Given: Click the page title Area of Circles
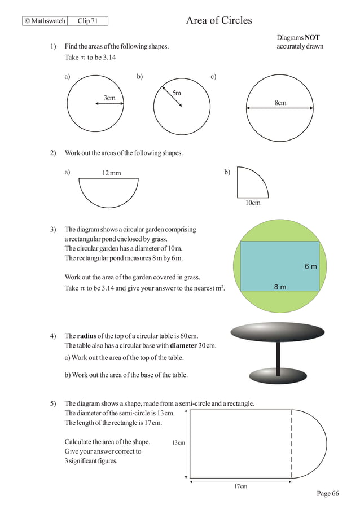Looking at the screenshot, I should click(x=219, y=21).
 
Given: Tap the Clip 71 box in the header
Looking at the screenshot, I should click(x=87, y=21).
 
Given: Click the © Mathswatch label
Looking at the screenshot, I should click(x=45, y=21).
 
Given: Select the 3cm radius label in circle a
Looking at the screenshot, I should click(x=109, y=98).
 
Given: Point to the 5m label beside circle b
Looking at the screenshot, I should click(x=177, y=93).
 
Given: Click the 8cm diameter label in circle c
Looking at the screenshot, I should click(x=280, y=103).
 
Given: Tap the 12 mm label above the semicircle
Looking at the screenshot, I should click(x=111, y=173).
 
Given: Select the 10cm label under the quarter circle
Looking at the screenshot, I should click(x=253, y=203).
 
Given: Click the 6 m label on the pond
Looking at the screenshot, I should click(x=310, y=266).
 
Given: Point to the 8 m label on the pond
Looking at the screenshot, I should click(x=280, y=287).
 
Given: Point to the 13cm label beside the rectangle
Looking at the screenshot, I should click(x=178, y=443).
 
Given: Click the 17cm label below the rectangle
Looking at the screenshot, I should click(x=240, y=486).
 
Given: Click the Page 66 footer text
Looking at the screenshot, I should click(x=328, y=494).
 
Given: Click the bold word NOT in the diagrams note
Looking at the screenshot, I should click(x=312, y=38).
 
